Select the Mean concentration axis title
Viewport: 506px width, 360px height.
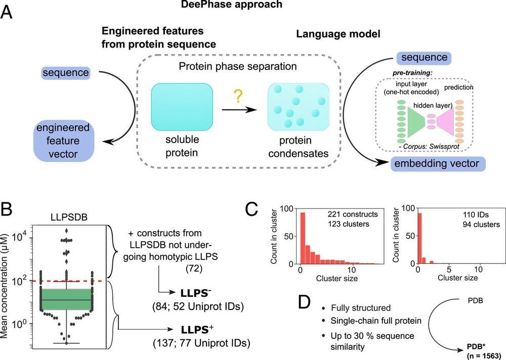tap(8, 278)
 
